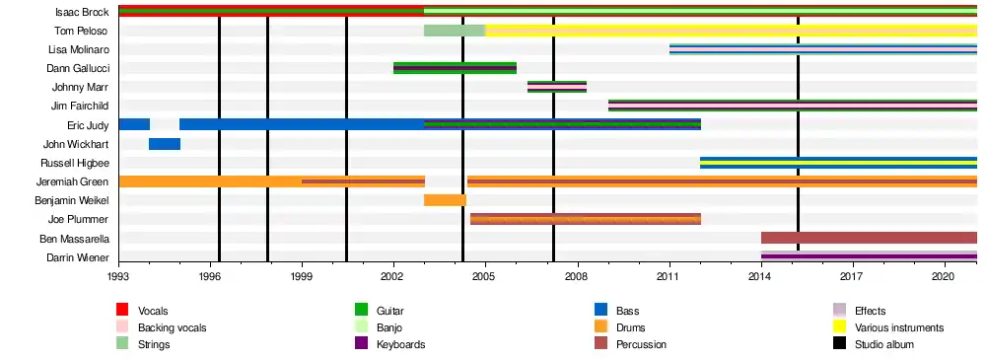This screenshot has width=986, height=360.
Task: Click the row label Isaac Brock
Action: [x=82, y=12]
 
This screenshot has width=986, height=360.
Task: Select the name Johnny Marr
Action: [x=81, y=88]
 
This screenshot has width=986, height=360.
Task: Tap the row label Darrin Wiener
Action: [x=78, y=257]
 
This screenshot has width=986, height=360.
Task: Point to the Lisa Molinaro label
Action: [x=79, y=49]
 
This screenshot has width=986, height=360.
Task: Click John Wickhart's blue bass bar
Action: [x=165, y=144]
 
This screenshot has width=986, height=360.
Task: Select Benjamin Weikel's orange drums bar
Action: [x=446, y=200]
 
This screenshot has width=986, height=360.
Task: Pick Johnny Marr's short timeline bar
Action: [x=557, y=87]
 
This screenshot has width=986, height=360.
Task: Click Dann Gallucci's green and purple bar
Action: [x=456, y=68]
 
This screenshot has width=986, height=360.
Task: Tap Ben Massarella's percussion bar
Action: [x=869, y=238]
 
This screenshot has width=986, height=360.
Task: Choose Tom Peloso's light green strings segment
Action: [x=455, y=31]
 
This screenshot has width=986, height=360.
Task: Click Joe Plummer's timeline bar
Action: [x=586, y=219]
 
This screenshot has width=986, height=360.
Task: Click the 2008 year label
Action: [x=577, y=275]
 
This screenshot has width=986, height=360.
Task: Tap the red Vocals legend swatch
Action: [x=122, y=310]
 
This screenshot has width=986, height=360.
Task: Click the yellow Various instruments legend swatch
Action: [x=839, y=327]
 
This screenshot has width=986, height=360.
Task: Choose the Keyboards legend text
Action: [x=400, y=345]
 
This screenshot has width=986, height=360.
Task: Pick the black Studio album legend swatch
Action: [x=839, y=344]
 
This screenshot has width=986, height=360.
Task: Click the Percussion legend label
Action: [x=641, y=345]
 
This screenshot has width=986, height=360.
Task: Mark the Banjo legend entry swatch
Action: [x=361, y=327]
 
